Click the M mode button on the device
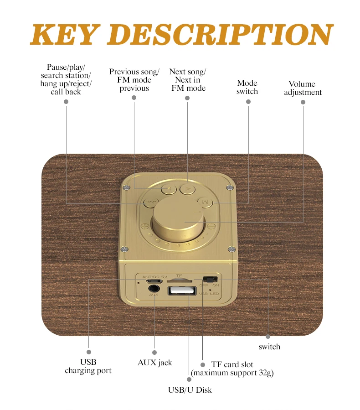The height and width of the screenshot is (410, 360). [x=206, y=202]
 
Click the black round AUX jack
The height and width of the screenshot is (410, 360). [x=154, y=289]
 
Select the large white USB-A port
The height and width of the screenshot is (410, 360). [x=182, y=291]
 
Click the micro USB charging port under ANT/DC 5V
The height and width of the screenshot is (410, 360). [x=154, y=281]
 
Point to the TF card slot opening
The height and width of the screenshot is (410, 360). [x=180, y=280]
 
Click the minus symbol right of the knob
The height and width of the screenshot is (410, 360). [x=211, y=226]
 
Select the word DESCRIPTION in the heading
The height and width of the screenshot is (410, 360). [x=220, y=34]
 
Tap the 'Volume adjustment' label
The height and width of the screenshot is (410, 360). [x=303, y=88]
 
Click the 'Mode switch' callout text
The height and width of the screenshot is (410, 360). [x=247, y=87]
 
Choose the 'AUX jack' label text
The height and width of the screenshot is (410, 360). [x=154, y=363]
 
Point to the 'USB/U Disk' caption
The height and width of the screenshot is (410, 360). [x=190, y=390]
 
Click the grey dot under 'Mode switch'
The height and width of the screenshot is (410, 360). [x=248, y=101]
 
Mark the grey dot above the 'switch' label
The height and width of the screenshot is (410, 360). [x=268, y=337]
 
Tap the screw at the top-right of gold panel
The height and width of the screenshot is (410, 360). [x=230, y=187]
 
